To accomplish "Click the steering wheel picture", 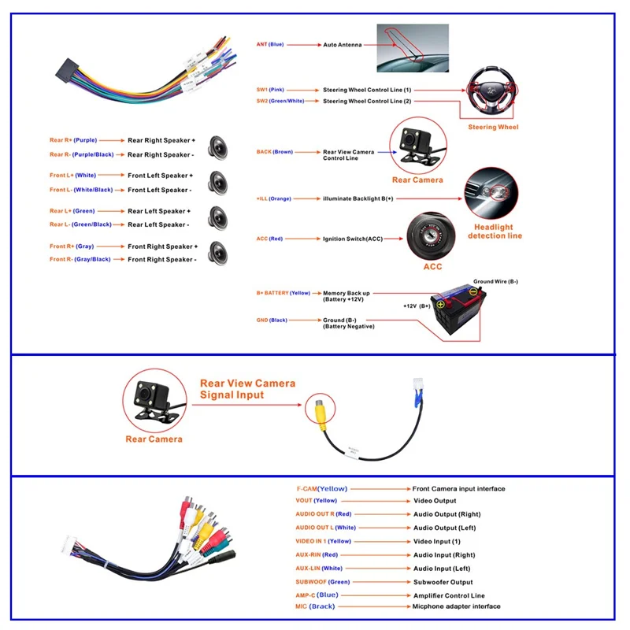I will coord(493,92).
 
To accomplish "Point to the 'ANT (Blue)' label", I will coord(270,44).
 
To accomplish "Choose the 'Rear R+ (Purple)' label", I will coord(73,140).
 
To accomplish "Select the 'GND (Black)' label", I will coord(272,321).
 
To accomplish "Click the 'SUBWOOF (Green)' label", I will coord(321,581).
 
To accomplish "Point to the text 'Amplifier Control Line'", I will coord(449,595).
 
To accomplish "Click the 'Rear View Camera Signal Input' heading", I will coord(247,389).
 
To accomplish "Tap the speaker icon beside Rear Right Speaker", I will coord(217,146).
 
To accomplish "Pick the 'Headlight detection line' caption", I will coord(495,232).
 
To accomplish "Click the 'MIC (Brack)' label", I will coord(315,606).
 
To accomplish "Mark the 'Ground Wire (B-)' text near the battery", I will coord(495,281).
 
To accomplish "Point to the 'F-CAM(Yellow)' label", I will coord(321,488).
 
